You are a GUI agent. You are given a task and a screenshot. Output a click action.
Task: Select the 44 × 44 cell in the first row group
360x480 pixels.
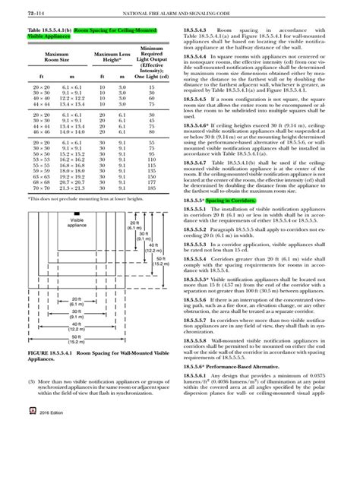click(x=31, y=104)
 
